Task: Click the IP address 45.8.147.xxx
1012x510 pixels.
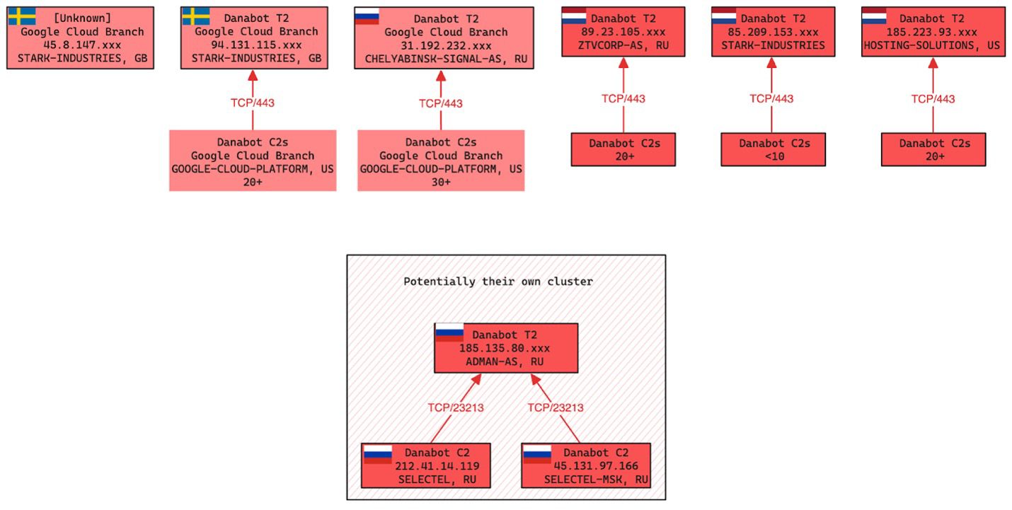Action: tap(82, 45)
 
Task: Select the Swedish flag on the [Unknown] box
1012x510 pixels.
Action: tap(22, 16)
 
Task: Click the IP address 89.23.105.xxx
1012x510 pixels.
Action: tap(623, 32)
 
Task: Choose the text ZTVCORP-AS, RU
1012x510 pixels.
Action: tap(623, 46)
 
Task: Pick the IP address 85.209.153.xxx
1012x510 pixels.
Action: tap(774, 32)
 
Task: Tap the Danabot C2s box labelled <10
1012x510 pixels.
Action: tap(774, 150)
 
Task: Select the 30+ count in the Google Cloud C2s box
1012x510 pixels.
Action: tap(441, 182)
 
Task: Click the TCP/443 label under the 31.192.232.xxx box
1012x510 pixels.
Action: tap(440, 103)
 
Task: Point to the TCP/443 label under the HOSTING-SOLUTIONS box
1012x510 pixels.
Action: tap(933, 99)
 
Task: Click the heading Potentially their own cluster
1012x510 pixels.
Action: tap(498, 282)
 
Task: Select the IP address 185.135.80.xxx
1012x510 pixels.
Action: tap(505, 348)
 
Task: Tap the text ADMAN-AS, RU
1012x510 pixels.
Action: tap(505, 361)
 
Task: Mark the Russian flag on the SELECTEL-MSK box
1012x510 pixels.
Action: tap(537, 453)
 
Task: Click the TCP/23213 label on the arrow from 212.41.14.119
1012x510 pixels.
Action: tap(456, 407)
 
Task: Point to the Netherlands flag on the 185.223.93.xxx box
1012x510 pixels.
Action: tap(874, 16)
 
